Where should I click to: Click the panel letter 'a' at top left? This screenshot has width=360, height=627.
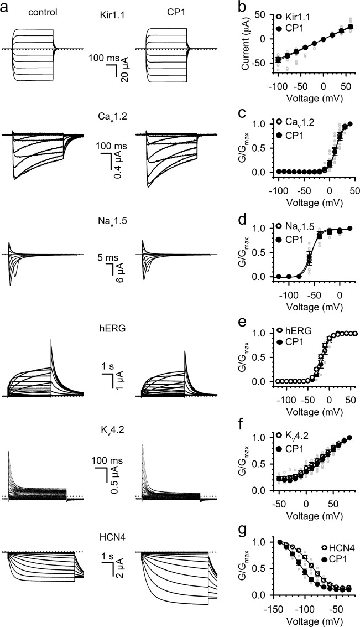coord(5,8)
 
